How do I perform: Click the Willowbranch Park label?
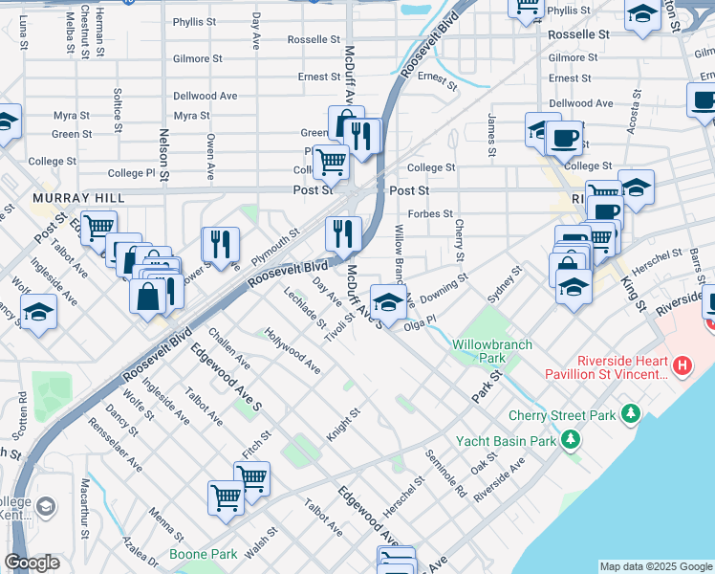tap(479, 350)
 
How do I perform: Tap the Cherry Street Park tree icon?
tap(630, 413)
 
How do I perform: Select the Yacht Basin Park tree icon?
tap(571, 439)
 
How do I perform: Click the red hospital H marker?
tap(682, 364)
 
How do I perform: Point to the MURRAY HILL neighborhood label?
tap(66, 197)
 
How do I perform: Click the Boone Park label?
tap(203, 554)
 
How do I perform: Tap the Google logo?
tap(32, 563)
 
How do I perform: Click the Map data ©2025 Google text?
tap(655, 566)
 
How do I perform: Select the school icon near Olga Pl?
tap(387, 302)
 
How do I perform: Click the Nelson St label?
tap(163, 155)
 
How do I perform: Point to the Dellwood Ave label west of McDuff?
tap(205, 96)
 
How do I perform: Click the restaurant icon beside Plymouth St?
tap(220, 245)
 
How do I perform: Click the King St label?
tap(633, 287)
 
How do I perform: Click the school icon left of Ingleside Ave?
tap(38, 314)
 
